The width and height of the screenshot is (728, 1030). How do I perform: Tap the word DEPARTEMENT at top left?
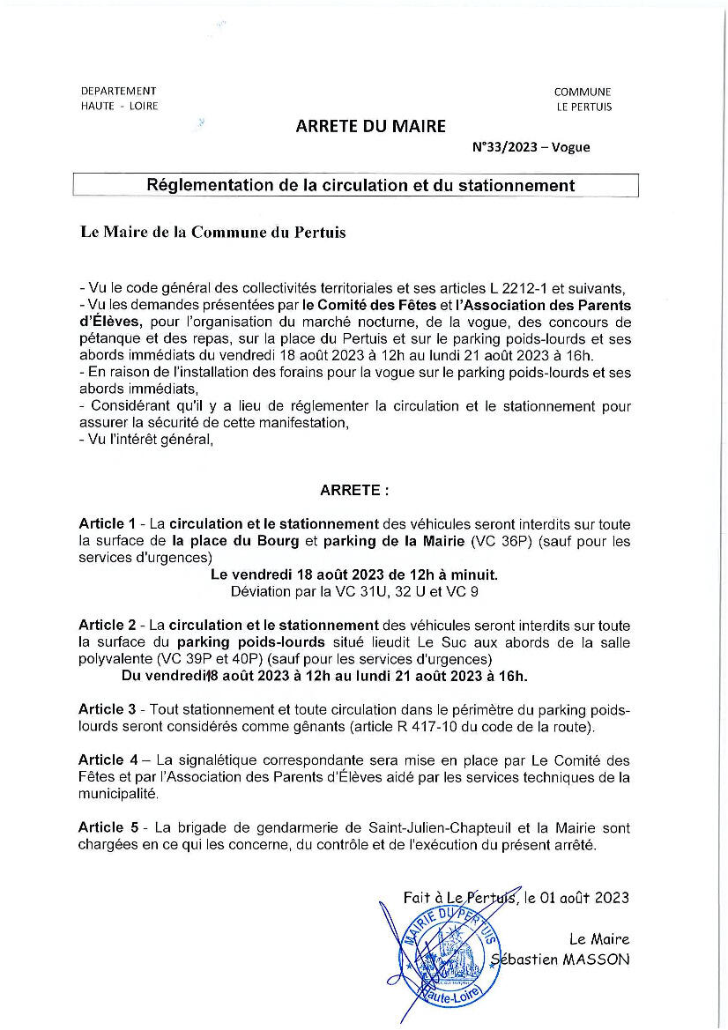(118, 91)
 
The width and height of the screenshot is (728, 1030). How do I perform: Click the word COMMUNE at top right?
(582, 92)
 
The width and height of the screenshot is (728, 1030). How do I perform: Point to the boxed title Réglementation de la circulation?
(360, 185)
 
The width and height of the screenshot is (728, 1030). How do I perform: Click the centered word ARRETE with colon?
(354, 489)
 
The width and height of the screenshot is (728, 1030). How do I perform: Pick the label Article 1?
(107, 524)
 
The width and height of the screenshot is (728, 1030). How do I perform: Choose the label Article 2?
(107, 626)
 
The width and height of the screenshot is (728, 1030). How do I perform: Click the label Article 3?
(107, 709)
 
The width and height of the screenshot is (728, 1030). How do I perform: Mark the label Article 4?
(107, 760)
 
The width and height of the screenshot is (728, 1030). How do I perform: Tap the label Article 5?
(107, 827)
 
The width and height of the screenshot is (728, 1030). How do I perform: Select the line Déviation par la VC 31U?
(354, 591)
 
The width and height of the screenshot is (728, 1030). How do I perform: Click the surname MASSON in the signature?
(599, 959)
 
